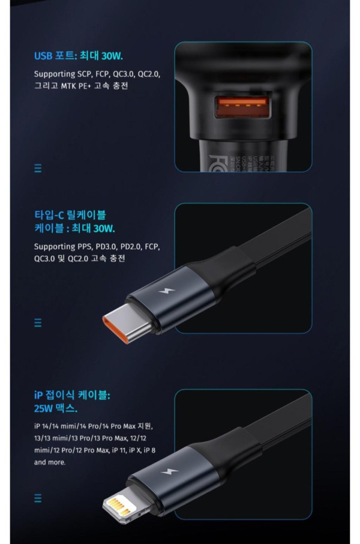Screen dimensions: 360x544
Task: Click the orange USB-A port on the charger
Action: [x=242, y=106]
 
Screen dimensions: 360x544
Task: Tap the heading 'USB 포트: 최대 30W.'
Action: [x=79, y=55]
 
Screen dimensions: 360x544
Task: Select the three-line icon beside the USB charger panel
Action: [x=38, y=168]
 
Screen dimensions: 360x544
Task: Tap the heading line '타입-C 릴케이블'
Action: [x=70, y=215]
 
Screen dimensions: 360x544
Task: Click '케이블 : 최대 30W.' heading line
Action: [x=74, y=228]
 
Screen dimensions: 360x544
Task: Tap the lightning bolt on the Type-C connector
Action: [x=167, y=291]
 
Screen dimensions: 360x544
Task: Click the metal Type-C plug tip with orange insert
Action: [x=127, y=324]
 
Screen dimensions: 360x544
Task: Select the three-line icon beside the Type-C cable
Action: [x=38, y=322]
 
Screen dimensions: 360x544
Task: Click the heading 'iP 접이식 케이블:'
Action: [x=72, y=395]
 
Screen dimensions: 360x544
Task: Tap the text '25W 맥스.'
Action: [x=55, y=408]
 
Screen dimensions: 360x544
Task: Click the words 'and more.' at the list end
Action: [x=50, y=462]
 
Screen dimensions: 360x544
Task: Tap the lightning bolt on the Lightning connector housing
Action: [x=170, y=471]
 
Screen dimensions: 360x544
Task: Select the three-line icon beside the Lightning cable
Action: [x=38, y=498]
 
